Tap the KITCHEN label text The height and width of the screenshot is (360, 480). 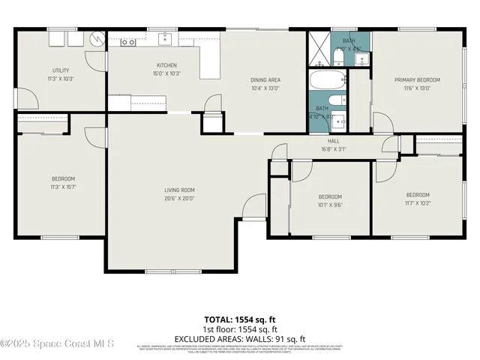[166, 64]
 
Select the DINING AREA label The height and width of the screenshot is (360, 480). [265, 79]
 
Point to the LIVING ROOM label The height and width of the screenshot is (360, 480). [180, 190]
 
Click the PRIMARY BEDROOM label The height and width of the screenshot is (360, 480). [418, 79]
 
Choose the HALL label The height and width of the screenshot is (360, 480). [334, 141]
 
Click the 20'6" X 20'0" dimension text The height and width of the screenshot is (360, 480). [180, 199]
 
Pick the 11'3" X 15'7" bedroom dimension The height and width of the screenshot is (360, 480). [63, 187]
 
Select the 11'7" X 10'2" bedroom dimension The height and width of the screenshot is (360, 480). [418, 202]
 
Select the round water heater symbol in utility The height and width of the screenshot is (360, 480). [95, 37]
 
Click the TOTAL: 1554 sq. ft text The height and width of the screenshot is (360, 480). [240, 319]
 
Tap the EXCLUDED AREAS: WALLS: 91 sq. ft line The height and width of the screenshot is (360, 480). [240, 338]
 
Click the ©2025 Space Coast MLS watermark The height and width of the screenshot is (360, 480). [57, 343]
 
